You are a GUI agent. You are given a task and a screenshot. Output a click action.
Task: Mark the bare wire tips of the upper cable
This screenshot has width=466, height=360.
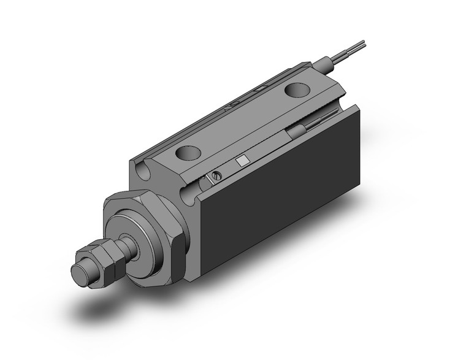pyautogui.click(x=361, y=45)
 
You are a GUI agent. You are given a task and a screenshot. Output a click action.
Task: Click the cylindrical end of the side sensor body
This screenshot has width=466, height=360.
pyautogui.click(x=297, y=132)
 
